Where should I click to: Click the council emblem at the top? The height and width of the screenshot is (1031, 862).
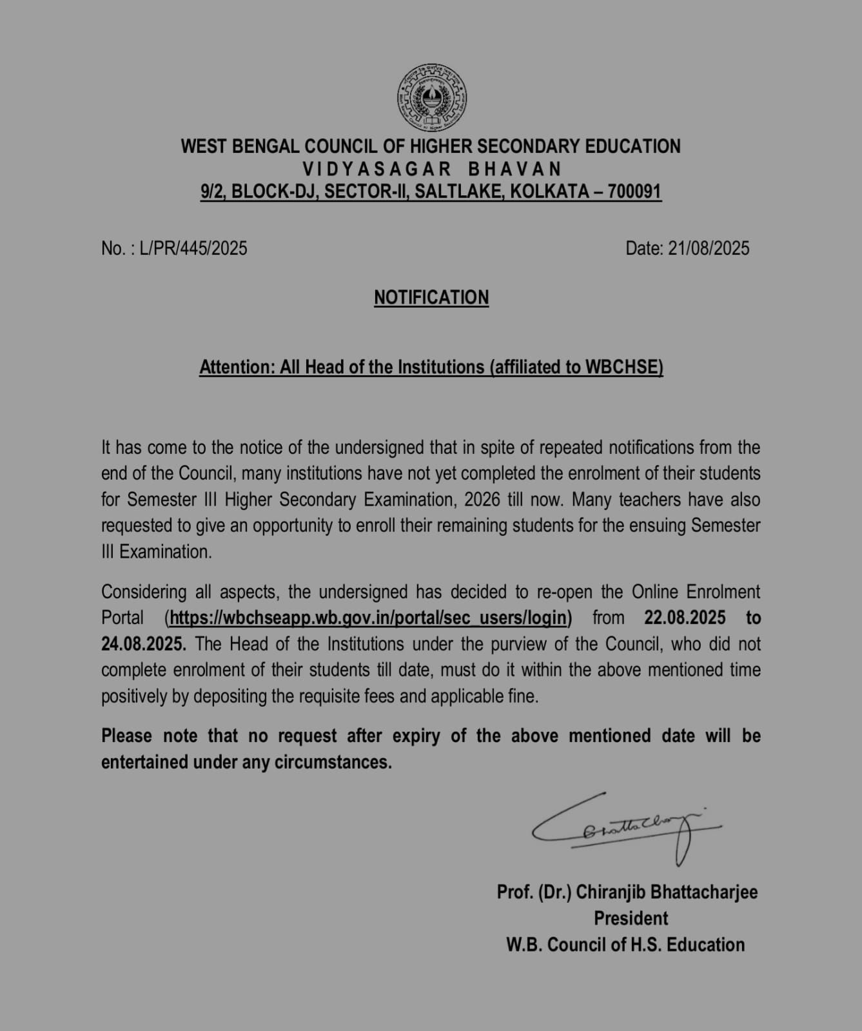pos(431,99)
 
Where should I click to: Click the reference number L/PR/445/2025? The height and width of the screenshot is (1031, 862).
pos(193,248)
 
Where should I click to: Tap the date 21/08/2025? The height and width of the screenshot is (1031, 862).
pos(709,248)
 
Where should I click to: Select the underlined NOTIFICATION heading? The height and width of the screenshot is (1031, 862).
pos(431,297)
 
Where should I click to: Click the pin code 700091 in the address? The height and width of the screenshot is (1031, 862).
pos(634,191)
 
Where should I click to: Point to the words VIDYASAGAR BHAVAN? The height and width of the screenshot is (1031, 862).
pos(431,169)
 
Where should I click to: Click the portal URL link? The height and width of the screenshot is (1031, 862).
pos(367,618)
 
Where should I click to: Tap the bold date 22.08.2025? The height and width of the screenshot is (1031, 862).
pos(685,618)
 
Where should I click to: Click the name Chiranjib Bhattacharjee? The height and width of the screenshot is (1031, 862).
pos(667,892)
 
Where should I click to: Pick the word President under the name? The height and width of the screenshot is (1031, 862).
pos(631,918)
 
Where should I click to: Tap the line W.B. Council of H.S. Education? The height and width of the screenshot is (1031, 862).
pos(625,945)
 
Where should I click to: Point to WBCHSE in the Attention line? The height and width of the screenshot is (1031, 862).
pos(623,367)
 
